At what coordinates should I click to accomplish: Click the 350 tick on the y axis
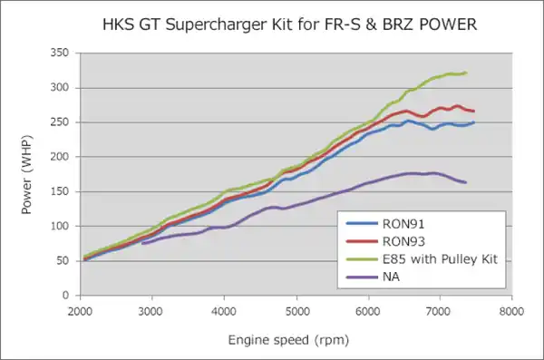60,54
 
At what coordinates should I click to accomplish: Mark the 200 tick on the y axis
60,157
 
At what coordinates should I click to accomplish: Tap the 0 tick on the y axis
66,296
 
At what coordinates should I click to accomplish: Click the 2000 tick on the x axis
80,309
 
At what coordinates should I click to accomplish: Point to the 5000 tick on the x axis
296,309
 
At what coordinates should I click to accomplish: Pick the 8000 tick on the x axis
511,309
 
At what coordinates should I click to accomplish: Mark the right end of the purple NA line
465,182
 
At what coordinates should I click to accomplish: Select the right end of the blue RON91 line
472,122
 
